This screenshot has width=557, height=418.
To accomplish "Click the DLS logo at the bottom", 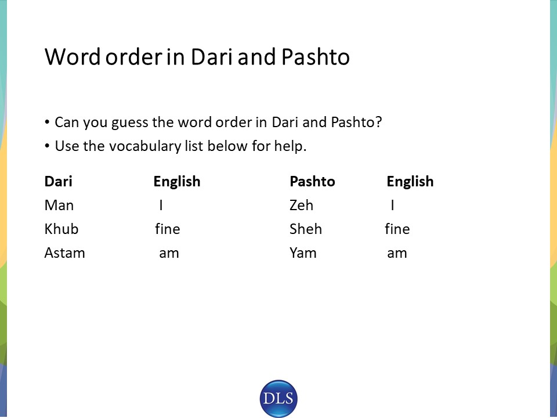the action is coord(278,398).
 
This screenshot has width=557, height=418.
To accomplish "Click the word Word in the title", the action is coord(73,56).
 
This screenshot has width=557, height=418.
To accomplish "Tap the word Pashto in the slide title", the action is coord(316,56).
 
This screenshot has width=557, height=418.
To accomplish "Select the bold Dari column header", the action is coord(58,181).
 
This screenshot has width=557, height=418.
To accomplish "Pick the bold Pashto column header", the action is coord(312,181).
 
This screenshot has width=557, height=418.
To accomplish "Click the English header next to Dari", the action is coord(177,182).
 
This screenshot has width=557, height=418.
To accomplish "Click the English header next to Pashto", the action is coord(410,182).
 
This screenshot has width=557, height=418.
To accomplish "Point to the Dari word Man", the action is coord(59,206).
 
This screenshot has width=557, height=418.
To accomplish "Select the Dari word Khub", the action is coord(61,229).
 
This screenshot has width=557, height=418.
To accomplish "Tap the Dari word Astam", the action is coord(64,253).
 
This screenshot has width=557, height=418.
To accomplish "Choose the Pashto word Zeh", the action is coord(301,206).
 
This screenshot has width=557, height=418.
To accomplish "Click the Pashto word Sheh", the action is coord(306,229).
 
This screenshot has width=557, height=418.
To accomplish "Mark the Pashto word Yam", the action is coord(303,253).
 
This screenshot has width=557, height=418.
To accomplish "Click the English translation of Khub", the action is coord(167,229).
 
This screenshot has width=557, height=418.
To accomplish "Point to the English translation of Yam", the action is coord(397,254).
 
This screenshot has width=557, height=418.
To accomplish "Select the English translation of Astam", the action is coord(169,254).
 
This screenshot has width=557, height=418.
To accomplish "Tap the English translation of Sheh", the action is coord(397,229).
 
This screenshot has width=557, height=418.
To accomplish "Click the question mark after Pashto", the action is coord(379,122).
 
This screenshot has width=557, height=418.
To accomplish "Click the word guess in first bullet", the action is coord(129,123).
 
